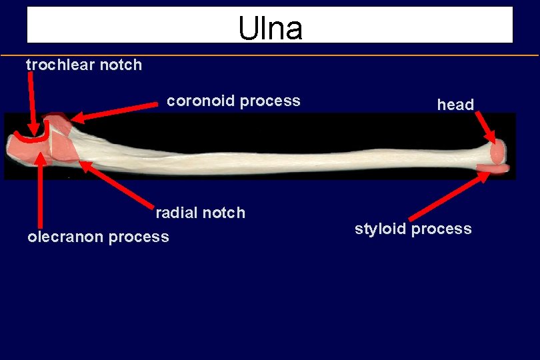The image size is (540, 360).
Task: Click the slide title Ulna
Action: coord(270,27)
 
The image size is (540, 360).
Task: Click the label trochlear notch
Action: coord(84,65)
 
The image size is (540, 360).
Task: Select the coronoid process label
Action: coord(233,101)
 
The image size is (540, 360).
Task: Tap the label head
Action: coord(455,105)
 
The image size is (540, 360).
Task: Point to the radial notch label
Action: coord(200,213)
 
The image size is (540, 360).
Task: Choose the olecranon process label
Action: coord(98,237)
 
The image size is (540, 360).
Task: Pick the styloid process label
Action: coord(413,229)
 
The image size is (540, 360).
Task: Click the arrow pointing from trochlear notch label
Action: coord(31,100)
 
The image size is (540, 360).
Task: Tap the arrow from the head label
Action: coord(485,126)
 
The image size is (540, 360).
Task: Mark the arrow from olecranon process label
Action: coord(41,193)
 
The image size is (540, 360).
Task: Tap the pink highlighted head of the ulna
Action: coord(497,153)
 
